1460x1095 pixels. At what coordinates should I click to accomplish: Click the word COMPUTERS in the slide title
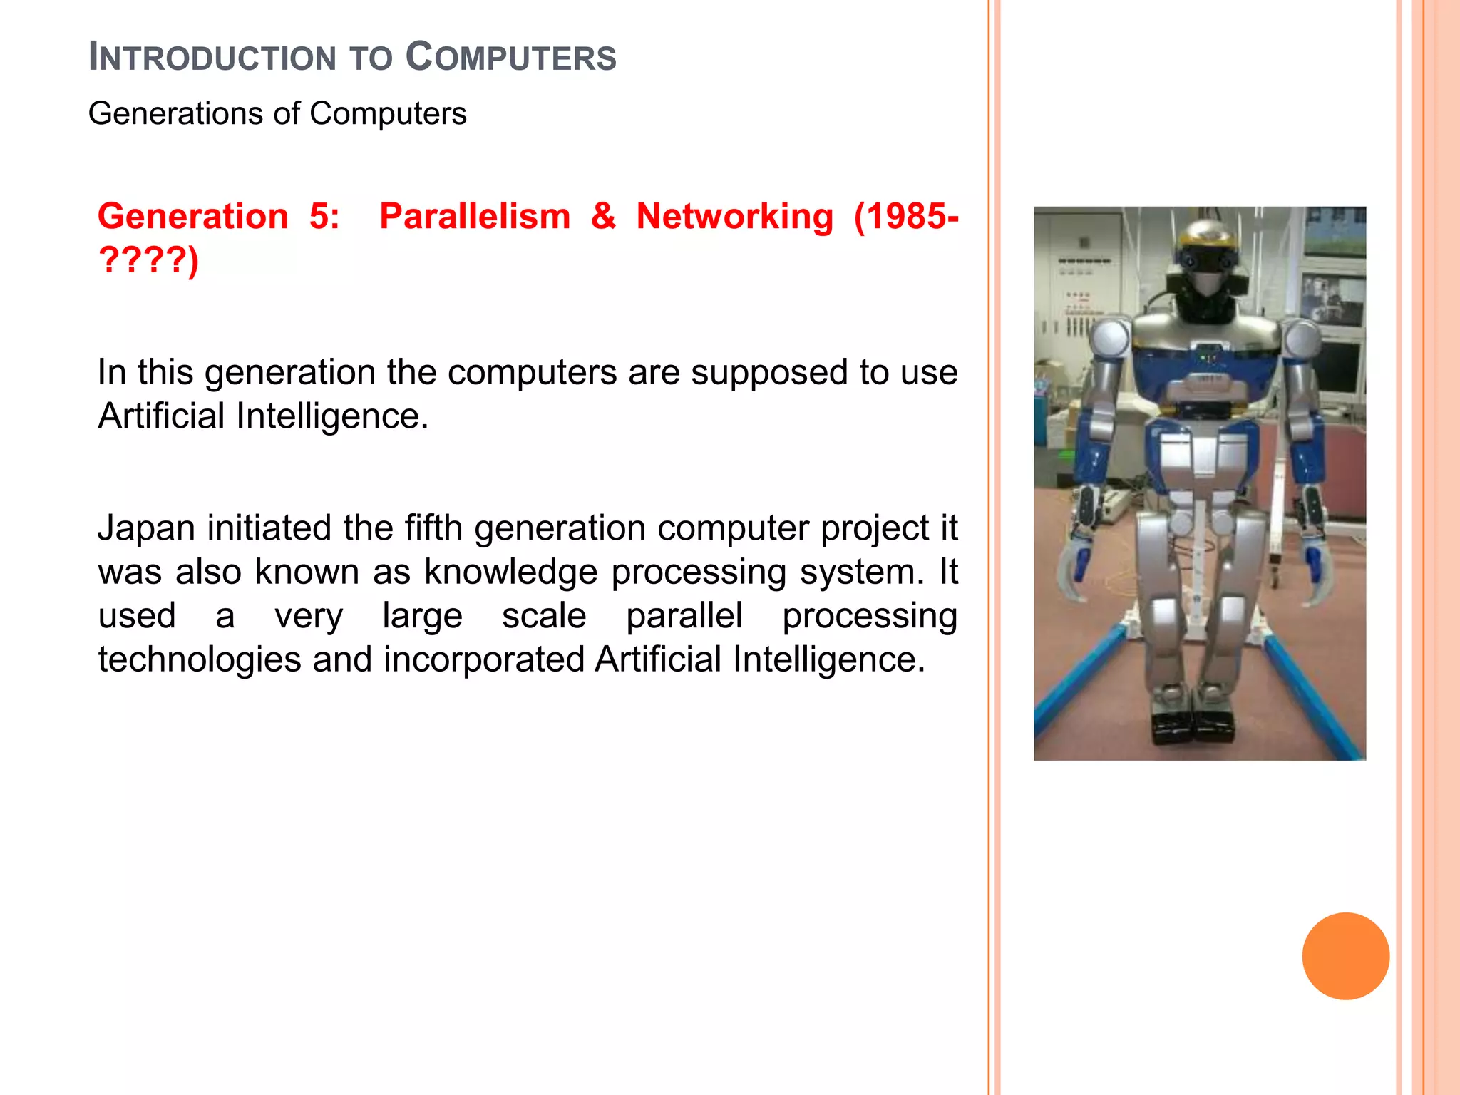[510, 58]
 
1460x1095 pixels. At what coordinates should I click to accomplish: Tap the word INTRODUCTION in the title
[212, 58]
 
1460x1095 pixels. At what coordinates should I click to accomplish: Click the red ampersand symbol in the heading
[603, 216]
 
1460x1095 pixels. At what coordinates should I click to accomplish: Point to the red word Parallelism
[475, 216]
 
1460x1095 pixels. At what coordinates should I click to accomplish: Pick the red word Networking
[734, 216]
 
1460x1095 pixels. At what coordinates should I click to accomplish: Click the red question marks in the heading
[143, 259]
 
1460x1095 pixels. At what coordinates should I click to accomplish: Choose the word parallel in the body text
[684, 616]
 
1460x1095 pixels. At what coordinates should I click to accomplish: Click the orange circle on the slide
[1345, 956]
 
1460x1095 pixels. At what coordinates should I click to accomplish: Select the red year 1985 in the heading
[904, 216]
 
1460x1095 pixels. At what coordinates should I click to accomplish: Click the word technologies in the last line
[200, 659]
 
